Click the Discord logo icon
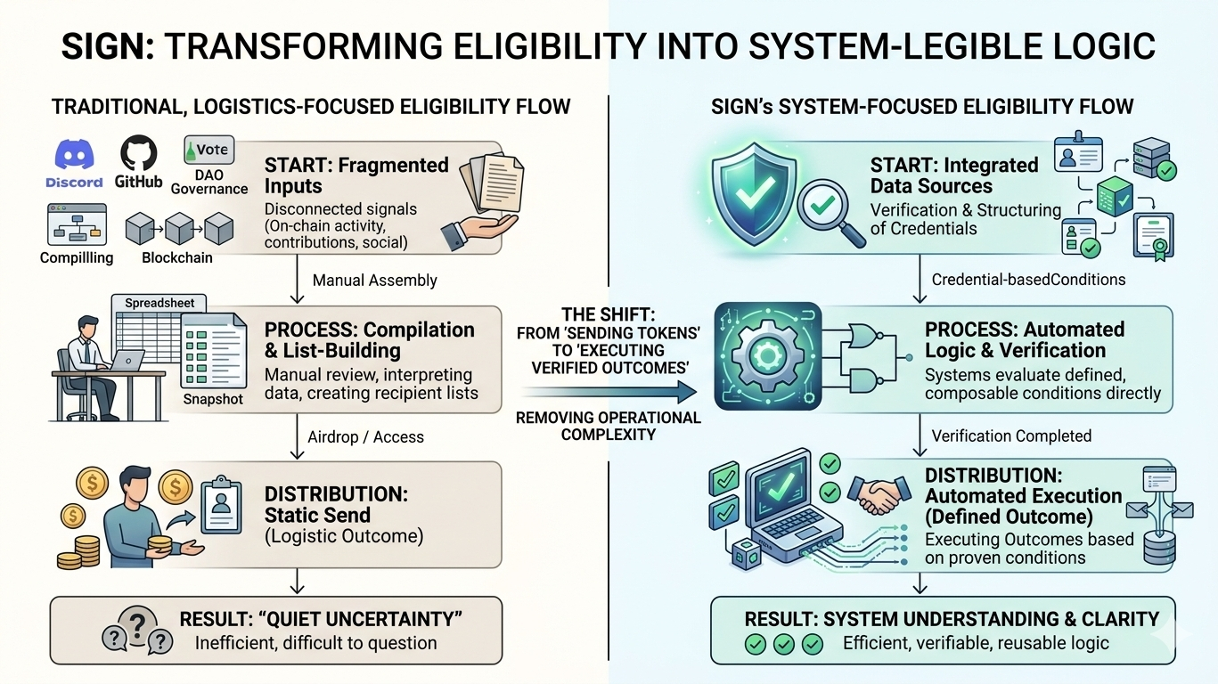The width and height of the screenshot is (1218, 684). (75, 154)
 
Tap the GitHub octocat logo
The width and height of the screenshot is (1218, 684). (138, 153)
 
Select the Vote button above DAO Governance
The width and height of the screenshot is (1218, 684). (209, 150)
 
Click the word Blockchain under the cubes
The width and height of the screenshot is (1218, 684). (177, 257)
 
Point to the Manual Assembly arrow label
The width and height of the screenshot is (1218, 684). (374, 280)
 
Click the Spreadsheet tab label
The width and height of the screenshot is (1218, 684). (159, 303)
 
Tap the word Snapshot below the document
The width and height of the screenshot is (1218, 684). (213, 399)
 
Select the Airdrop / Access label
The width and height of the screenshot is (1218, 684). (365, 437)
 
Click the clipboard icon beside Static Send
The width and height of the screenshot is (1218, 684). (221, 506)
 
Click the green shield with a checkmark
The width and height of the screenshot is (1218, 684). (754, 194)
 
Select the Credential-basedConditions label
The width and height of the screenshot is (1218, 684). (1029, 280)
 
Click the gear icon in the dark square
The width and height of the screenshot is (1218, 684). (767, 356)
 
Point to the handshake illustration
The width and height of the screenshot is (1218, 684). (879, 495)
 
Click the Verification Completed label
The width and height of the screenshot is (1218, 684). (1012, 436)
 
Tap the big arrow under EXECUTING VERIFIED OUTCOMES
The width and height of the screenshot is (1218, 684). (609, 392)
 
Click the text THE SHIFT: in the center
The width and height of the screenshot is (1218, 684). (609, 314)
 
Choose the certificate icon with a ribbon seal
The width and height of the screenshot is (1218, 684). (1154, 237)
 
